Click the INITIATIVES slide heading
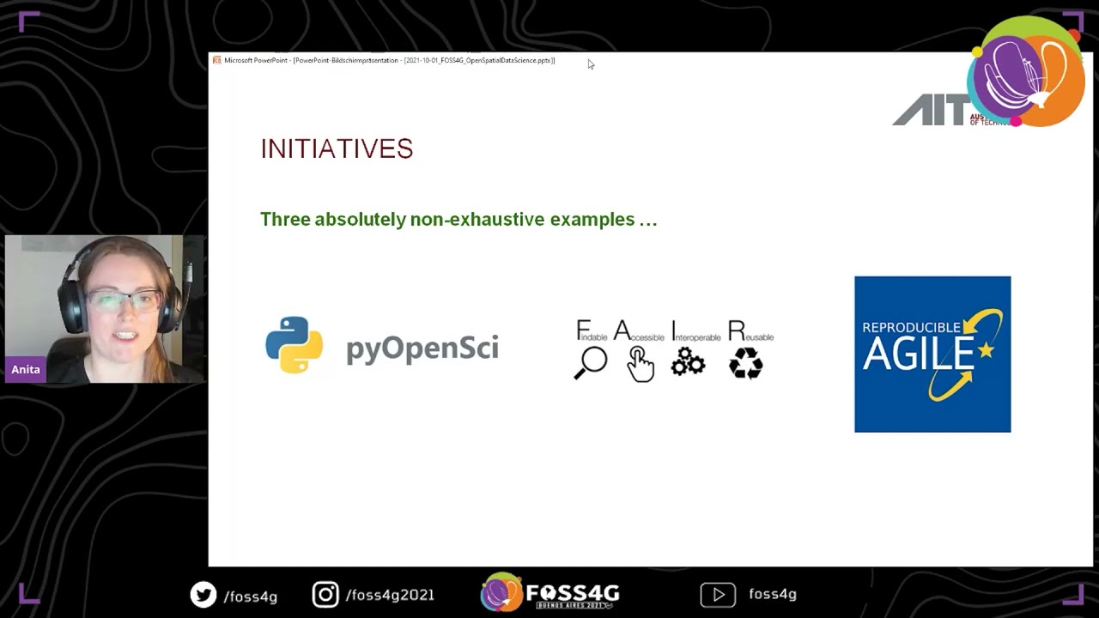tap(337, 148)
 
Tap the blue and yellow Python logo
tap(294, 345)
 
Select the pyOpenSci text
tap(422, 348)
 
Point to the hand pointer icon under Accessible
tap(640, 363)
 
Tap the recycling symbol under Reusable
tap(745, 362)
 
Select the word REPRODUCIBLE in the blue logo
tap(910, 327)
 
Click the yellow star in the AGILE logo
tap(986, 349)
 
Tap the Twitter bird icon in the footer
tap(203, 594)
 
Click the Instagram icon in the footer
tap(325, 594)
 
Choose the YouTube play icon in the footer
tap(718, 594)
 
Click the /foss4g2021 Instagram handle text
tap(390, 595)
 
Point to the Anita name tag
tap(26, 369)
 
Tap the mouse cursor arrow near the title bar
tap(591, 64)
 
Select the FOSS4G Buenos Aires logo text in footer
tap(572, 594)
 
